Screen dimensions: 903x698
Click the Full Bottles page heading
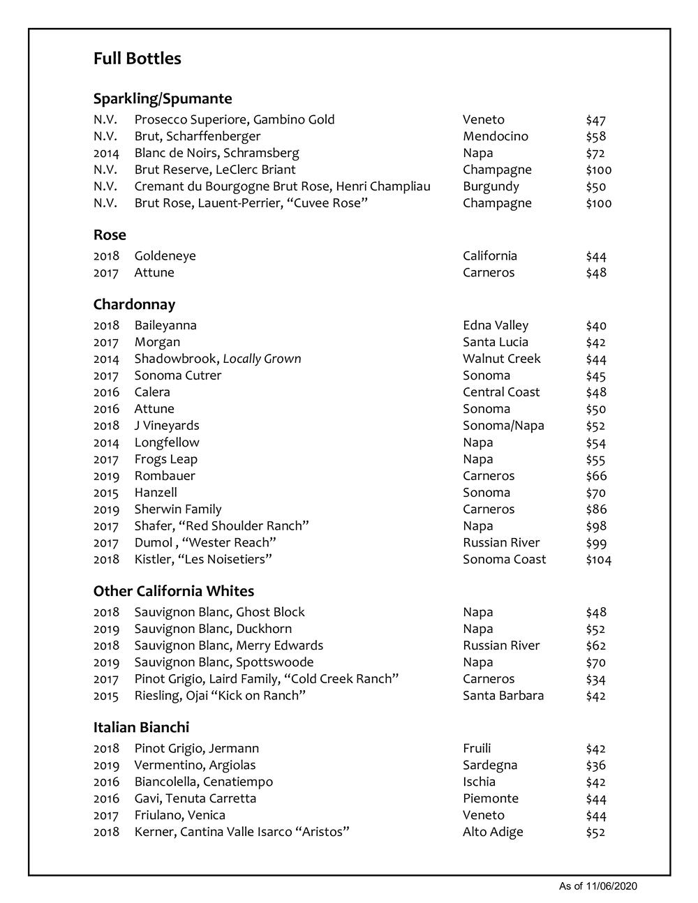[137, 59]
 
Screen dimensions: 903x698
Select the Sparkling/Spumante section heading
[162, 98]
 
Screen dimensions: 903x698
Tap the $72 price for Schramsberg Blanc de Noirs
[595, 154]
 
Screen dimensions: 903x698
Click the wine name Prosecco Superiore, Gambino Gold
[234, 120]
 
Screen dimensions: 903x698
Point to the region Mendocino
[495, 137]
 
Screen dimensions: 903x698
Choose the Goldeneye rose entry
[165, 256]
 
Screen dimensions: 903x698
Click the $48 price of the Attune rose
[595, 273]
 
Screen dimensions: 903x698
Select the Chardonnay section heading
[134, 304]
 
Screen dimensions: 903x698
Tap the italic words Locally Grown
[262, 359]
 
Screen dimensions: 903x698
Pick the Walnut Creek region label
[501, 359]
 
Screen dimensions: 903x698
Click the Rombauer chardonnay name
[165, 476]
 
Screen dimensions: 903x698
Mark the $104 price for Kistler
[598, 560]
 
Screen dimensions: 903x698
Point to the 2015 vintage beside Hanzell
[106, 493]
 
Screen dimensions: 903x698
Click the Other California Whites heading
[173, 591]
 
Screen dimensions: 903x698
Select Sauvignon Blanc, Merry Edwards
[228, 645]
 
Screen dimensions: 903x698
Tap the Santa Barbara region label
[503, 696]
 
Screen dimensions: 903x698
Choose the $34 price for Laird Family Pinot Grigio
[595, 679]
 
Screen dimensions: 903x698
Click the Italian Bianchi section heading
[141, 727]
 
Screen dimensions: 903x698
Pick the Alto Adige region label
[492, 832]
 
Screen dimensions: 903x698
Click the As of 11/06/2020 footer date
[597, 886]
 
